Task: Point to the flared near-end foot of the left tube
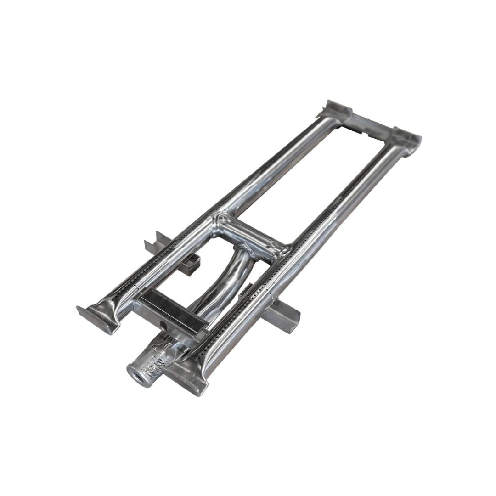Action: click(x=98, y=315)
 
